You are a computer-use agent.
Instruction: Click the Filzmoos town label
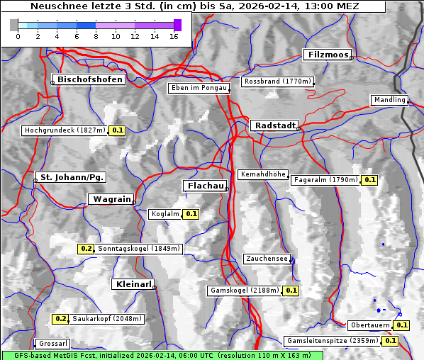click(327, 55)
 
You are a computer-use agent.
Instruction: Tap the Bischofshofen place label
click(91, 80)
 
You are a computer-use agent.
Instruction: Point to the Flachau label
click(205, 186)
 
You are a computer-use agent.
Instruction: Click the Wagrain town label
click(110, 200)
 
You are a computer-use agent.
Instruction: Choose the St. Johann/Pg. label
click(72, 176)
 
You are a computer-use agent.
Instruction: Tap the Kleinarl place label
click(133, 284)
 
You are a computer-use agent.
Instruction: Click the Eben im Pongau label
click(198, 88)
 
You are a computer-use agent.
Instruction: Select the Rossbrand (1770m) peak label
click(277, 81)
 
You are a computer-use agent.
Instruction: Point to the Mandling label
click(389, 100)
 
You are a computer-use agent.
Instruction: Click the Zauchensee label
click(266, 259)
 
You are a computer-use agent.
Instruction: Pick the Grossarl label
click(52, 344)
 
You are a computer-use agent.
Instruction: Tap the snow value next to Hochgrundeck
click(118, 130)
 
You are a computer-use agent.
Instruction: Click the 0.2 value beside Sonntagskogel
click(86, 249)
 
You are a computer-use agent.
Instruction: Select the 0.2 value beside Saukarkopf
click(61, 319)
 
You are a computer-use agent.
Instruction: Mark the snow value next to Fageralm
click(369, 180)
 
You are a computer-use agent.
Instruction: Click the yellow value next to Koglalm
click(191, 213)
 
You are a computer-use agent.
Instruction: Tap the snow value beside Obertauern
click(402, 325)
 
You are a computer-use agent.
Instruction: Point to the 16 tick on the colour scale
click(174, 36)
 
